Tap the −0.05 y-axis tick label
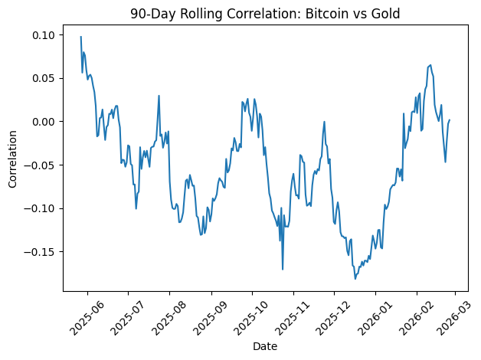coord(42,165)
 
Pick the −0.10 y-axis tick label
coord(42,208)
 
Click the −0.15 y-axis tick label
coord(42,251)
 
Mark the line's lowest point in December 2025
coord(355,279)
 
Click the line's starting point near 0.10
coord(80,37)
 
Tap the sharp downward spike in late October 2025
coord(283,269)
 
